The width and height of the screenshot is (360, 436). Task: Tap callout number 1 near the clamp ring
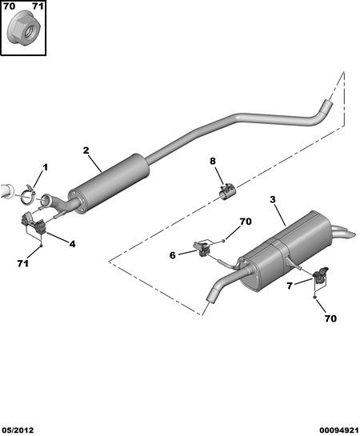click(x=45, y=167)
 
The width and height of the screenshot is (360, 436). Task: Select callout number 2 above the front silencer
click(x=86, y=150)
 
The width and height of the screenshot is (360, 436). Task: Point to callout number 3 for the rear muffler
click(x=273, y=199)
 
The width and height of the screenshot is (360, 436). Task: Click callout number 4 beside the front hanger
click(x=72, y=244)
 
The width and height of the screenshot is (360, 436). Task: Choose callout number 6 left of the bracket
click(x=173, y=255)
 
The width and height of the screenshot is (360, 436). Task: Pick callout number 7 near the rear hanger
click(x=290, y=286)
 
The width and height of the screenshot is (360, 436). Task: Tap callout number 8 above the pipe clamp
click(x=213, y=161)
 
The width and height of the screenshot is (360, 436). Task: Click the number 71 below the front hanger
click(x=22, y=263)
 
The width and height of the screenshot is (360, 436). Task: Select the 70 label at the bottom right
click(x=330, y=318)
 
